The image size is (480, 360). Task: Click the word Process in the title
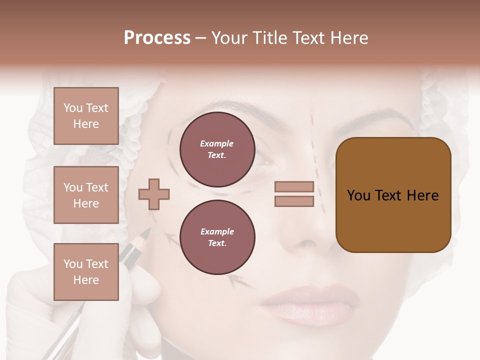point(157,38)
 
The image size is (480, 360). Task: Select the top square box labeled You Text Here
point(86,116)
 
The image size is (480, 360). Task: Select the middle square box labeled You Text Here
point(86,195)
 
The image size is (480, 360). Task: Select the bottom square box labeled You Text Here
point(86,272)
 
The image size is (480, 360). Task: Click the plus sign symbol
point(154,194)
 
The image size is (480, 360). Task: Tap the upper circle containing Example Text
point(217,149)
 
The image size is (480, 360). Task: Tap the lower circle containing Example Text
point(217,237)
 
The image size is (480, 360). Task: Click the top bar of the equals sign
point(294,187)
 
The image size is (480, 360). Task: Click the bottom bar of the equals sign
point(294,201)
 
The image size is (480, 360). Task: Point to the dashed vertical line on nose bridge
point(315,150)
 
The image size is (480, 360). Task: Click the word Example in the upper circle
point(217,143)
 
